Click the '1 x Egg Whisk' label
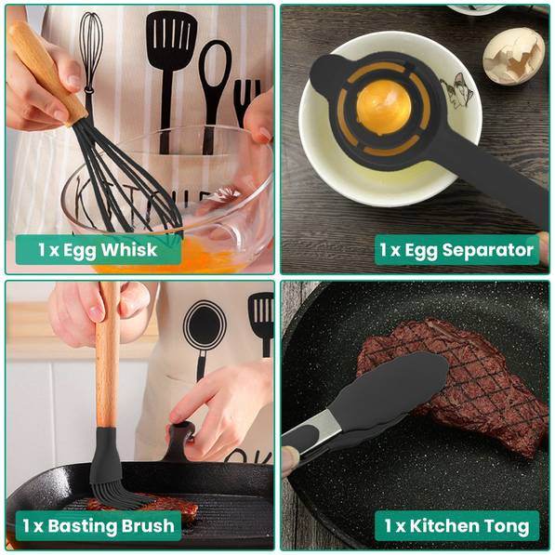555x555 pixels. (98, 249)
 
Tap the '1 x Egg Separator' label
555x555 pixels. (456, 249)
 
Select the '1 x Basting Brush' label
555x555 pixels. (99, 525)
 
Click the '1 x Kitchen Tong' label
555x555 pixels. (456, 525)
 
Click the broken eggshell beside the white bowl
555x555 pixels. (514, 53)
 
